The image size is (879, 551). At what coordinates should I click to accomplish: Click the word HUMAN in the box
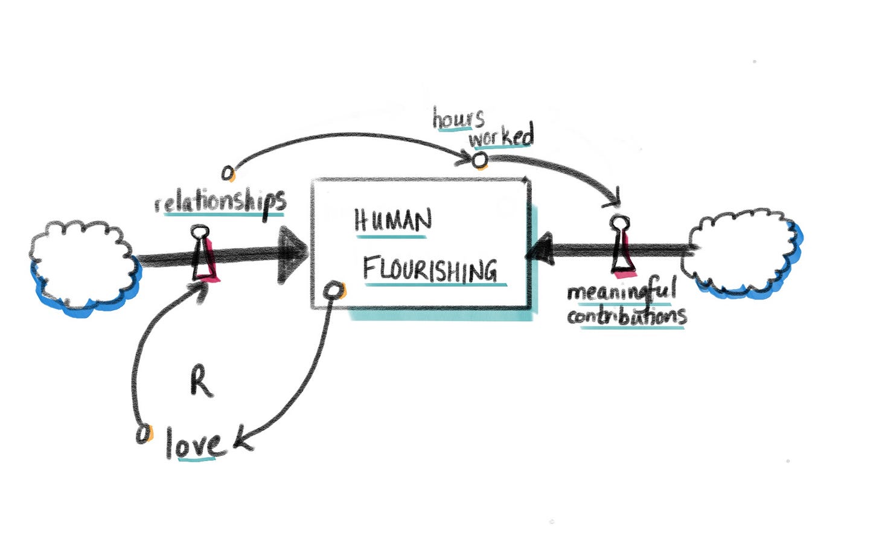[393, 221]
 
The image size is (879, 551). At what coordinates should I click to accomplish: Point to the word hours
[458, 118]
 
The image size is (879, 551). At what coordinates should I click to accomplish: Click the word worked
[502, 136]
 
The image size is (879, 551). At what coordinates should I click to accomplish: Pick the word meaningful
[621, 291]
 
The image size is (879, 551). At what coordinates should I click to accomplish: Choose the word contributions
[626, 316]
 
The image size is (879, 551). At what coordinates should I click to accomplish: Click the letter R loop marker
[201, 381]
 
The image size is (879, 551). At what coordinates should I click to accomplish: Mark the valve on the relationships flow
[203, 255]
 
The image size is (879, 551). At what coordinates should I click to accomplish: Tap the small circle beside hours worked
[479, 160]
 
